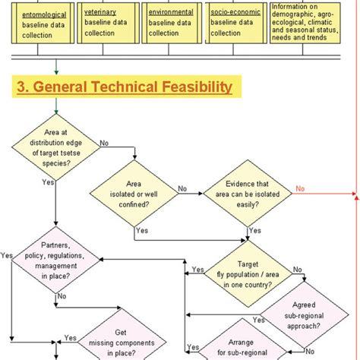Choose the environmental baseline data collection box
[x=172, y=23]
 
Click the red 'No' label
[x=301, y=189]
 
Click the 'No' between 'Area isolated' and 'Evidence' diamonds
[x=182, y=188]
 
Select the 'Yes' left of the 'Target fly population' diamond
[x=197, y=270]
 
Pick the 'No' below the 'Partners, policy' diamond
[x=62, y=297]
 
